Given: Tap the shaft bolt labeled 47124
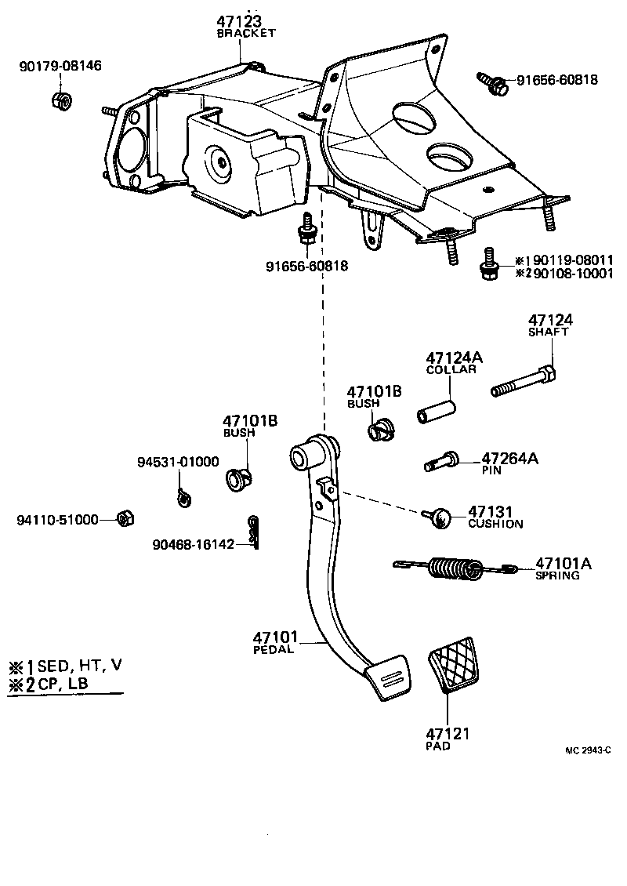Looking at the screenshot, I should (x=524, y=382).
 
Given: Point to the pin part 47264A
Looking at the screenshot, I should (x=443, y=462).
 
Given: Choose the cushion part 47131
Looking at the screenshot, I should (x=440, y=516).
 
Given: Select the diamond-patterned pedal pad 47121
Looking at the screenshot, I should (x=454, y=666).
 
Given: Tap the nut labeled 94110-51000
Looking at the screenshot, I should (x=122, y=518).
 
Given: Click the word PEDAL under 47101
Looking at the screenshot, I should (x=274, y=649).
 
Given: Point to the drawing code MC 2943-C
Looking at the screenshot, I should (x=587, y=750).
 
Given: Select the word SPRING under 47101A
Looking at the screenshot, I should (x=557, y=575).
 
